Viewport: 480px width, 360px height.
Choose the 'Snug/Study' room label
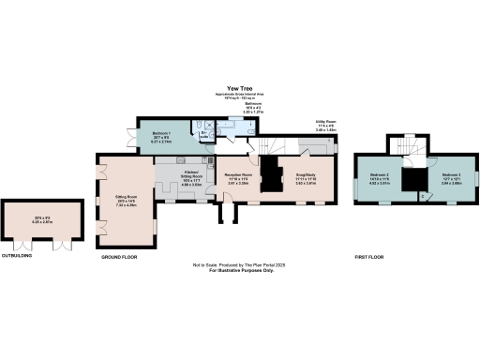click(307, 174)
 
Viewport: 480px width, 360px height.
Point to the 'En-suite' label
click(204, 134)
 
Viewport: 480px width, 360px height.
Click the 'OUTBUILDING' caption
click(16, 254)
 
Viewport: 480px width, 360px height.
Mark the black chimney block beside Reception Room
click(271, 177)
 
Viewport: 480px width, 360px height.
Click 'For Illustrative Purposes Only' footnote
click(240, 271)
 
